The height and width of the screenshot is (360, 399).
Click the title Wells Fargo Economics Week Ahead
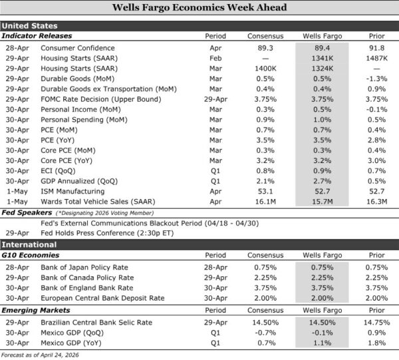pyautogui.click(x=199, y=8)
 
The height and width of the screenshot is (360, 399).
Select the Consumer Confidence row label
pyautogui.click(x=77, y=48)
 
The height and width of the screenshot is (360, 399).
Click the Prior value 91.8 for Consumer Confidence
pyautogui.click(x=376, y=48)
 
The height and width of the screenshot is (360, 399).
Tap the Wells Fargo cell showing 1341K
pyautogui.click(x=321, y=58)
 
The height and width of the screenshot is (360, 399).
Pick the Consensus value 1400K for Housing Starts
pyautogui.click(x=265, y=68)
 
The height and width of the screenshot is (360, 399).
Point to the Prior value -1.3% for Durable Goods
pyautogui.click(x=376, y=78)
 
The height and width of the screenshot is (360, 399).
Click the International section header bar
pyautogui.click(x=199, y=245)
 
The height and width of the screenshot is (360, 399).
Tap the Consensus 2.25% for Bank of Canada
pyautogui.click(x=265, y=277)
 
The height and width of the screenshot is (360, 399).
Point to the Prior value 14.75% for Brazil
pyautogui.click(x=376, y=322)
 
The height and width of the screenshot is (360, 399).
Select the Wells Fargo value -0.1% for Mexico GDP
pyautogui.click(x=321, y=332)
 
